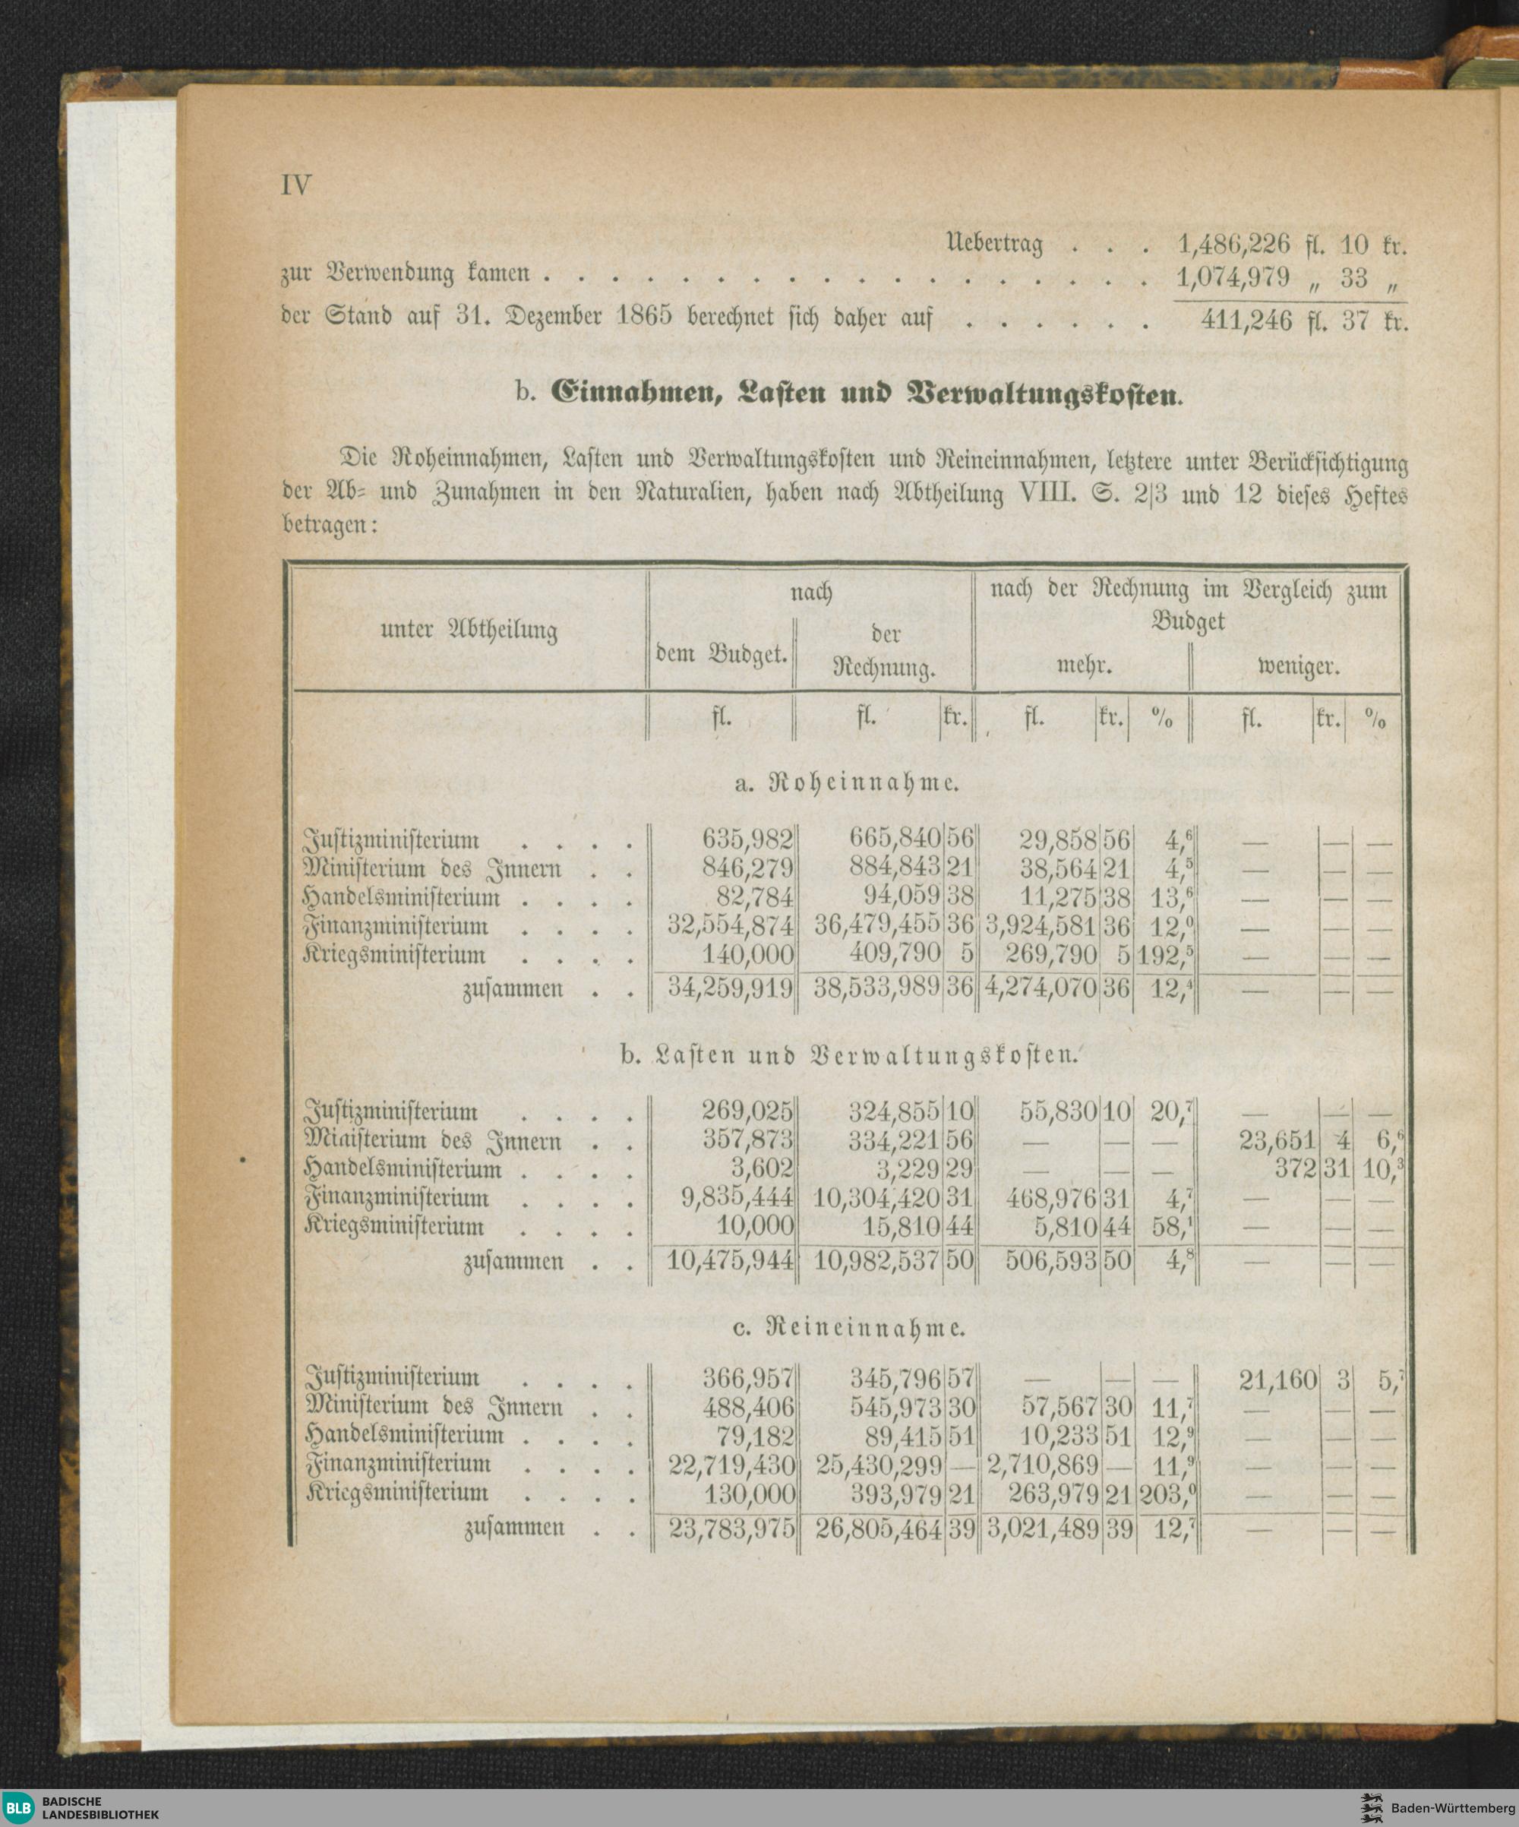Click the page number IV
(295, 185)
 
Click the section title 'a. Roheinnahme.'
(847, 784)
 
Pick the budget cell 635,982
(747, 839)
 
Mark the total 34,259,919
(730, 988)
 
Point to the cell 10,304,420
(877, 1198)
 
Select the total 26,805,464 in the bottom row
(879, 1528)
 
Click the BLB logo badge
(19, 1806)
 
